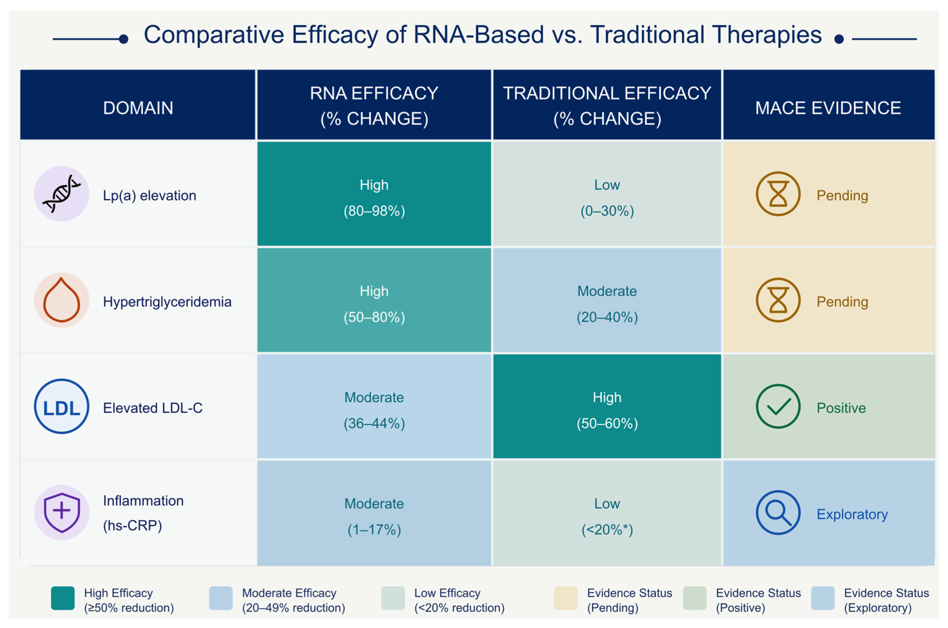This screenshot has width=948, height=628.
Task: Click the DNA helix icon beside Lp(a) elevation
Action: [x=61, y=194]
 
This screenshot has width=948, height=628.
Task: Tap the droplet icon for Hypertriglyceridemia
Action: [x=61, y=300]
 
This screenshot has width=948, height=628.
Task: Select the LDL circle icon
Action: [x=61, y=407]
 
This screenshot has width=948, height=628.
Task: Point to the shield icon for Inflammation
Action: [x=61, y=513]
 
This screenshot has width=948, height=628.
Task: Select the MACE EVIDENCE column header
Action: [x=828, y=108]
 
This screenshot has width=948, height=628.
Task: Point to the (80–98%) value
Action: [x=374, y=211]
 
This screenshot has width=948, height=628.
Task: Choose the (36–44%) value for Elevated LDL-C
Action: [x=374, y=423]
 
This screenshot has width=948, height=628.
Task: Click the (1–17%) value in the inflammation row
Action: [x=374, y=530]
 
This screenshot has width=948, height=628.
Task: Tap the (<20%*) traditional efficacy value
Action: [x=607, y=530]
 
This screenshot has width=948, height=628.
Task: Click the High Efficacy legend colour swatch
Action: [x=63, y=598]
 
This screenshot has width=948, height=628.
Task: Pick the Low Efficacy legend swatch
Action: [x=393, y=598]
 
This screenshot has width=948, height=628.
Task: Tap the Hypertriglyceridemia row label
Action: [x=167, y=302]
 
